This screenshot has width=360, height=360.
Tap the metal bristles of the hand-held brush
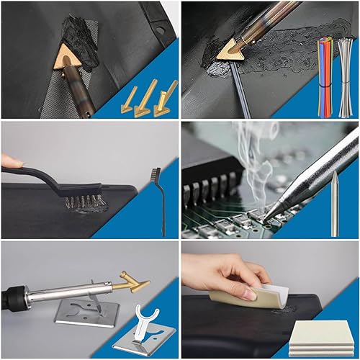(x=85, y=201)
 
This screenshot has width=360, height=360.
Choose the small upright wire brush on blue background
(x=159, y=202)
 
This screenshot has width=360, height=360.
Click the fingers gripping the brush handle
(x=10, y=161)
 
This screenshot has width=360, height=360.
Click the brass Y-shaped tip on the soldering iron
(x=134, y=282)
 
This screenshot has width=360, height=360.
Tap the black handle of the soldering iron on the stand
(x=16, y=295)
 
